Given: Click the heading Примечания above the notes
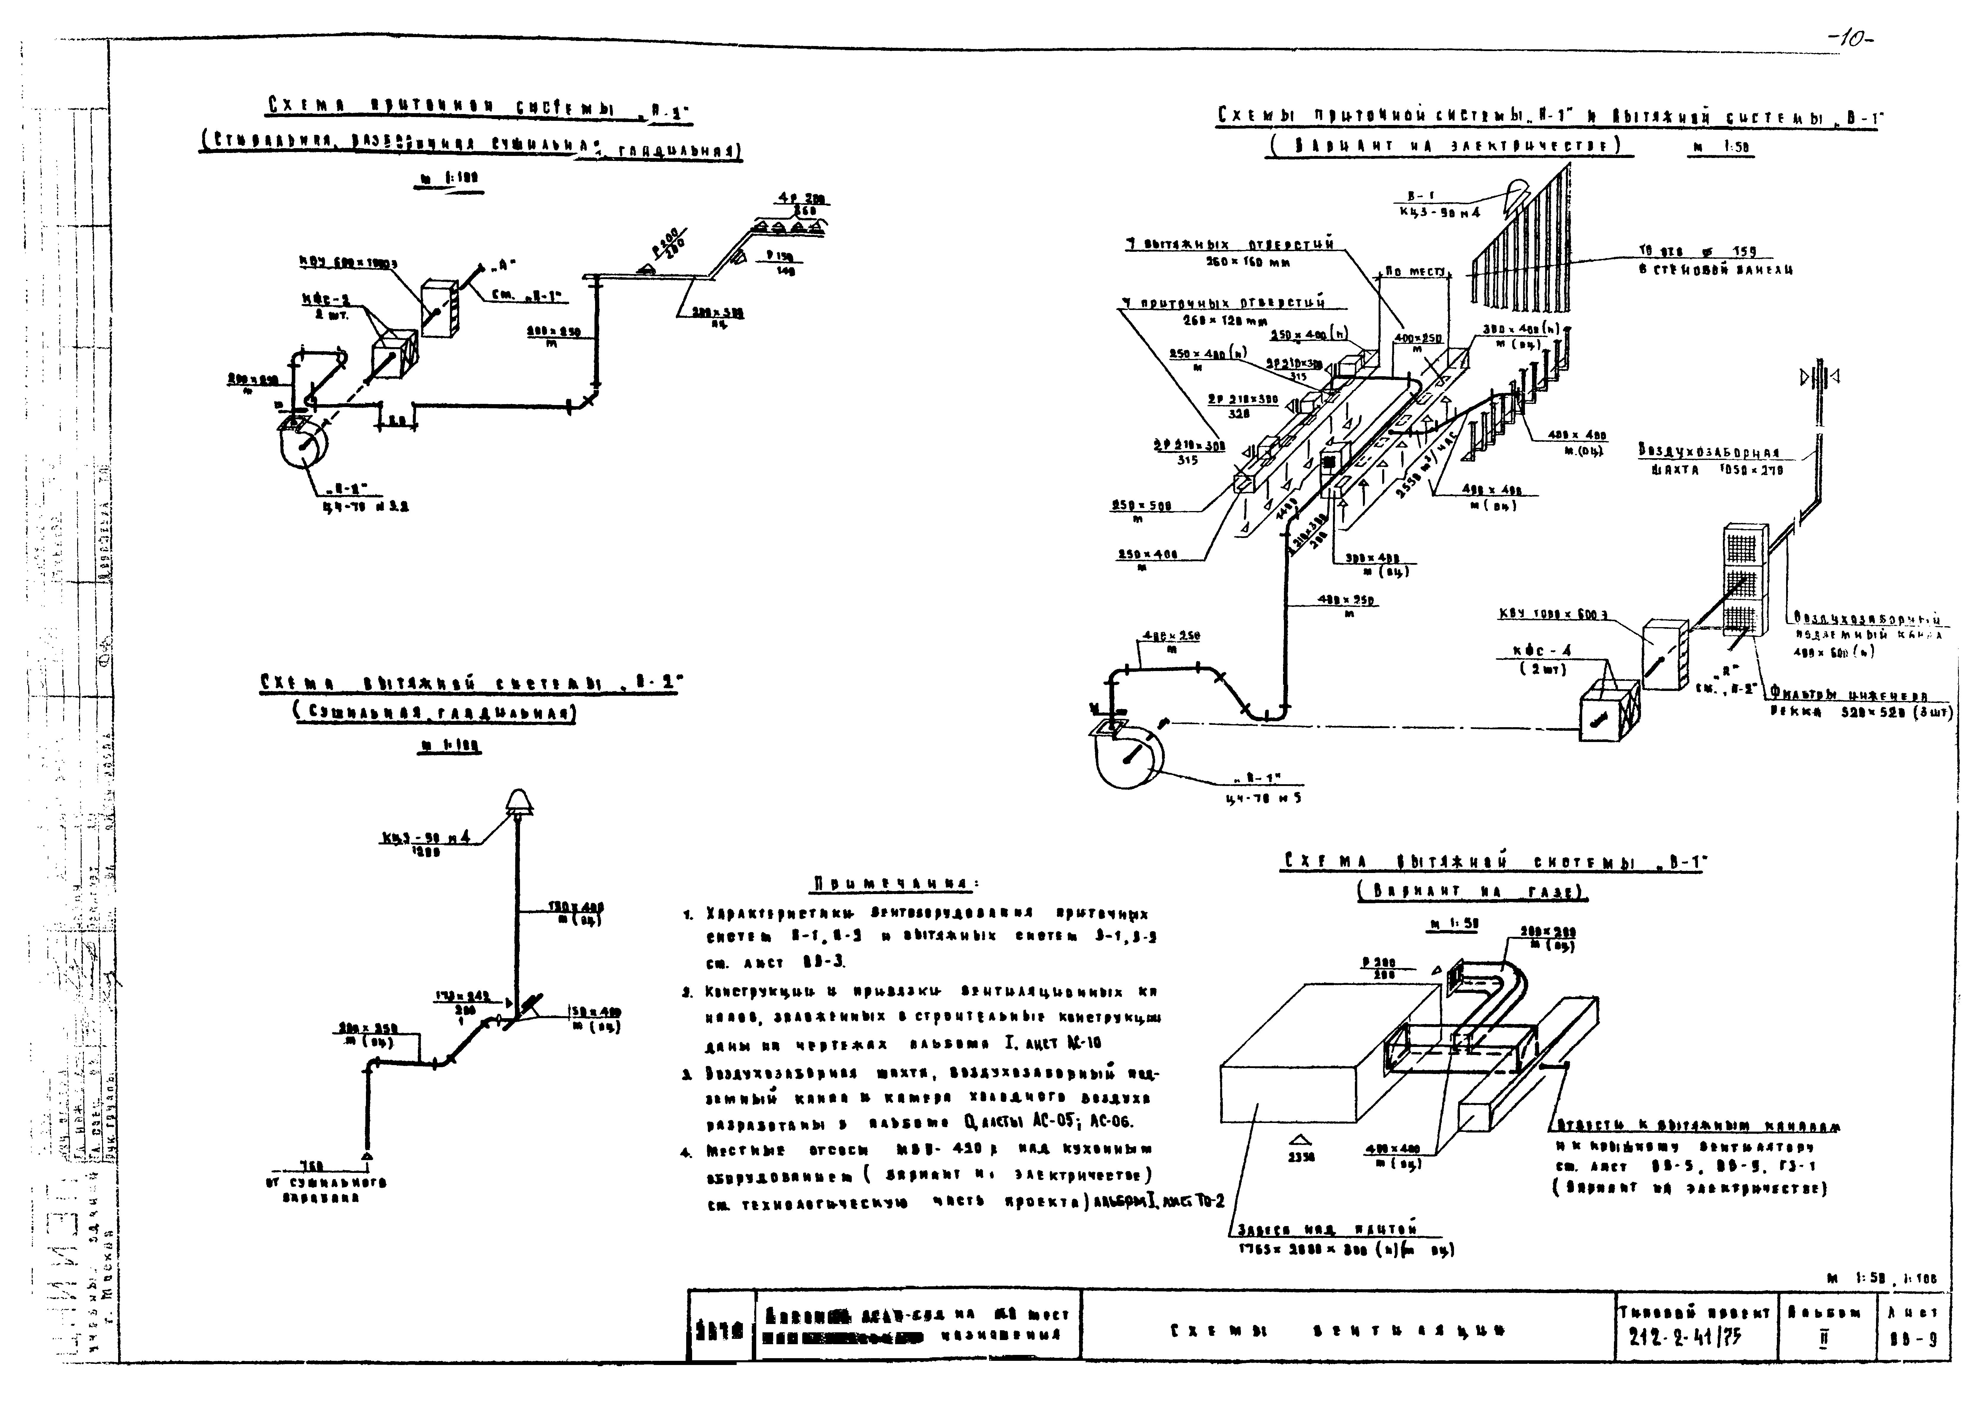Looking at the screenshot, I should (894, 883).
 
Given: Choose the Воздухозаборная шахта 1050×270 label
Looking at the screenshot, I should (1710, 461).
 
